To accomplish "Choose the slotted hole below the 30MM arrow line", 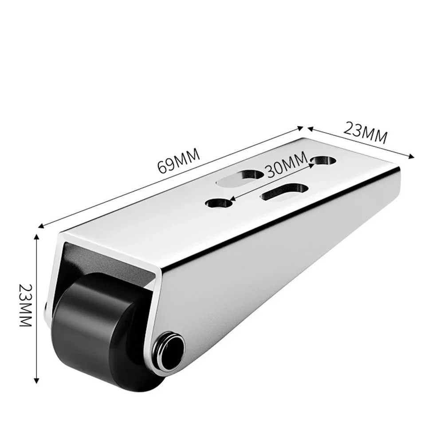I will coord(283,193).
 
